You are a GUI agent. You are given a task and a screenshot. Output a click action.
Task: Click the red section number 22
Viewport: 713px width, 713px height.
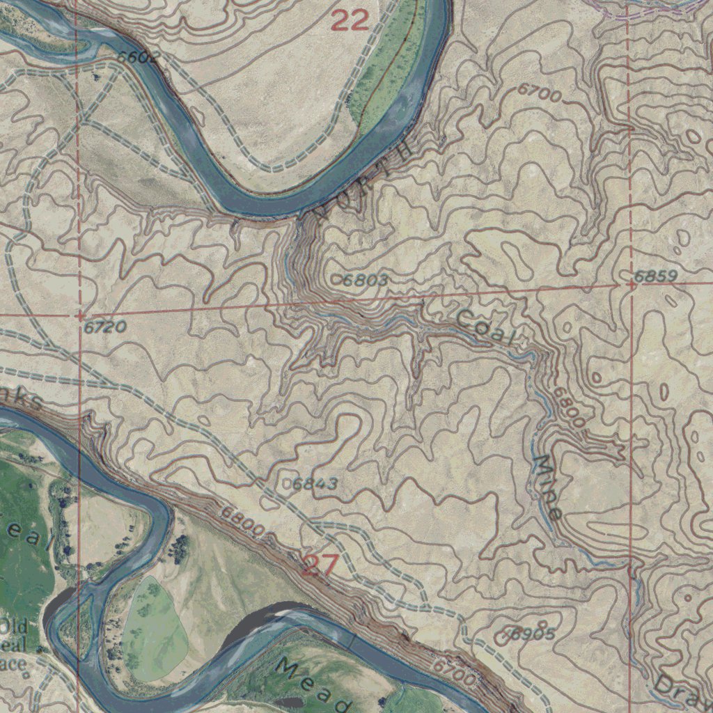(x=350, y=21)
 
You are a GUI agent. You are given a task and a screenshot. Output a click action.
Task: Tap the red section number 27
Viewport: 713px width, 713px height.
(x=320, y=565)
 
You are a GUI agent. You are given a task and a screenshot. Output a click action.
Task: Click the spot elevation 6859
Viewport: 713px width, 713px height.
(x=655, y=276)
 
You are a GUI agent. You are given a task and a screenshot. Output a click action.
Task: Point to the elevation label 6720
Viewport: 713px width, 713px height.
(x=104, y=326)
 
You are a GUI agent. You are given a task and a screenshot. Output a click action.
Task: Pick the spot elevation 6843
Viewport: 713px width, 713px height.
(x=315, y=483)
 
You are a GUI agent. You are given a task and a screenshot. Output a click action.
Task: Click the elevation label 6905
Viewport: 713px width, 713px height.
(x=533, y=633)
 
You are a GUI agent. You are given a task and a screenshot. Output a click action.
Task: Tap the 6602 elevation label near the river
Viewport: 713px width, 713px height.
(x=139, y=57)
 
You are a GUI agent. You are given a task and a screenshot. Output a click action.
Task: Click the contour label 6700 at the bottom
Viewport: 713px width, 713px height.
(x=455, y=672)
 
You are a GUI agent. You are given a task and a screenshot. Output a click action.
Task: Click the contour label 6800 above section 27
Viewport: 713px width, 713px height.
(x=243, y=523)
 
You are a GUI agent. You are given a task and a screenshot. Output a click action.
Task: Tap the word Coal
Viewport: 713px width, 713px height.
(x=487, y=328)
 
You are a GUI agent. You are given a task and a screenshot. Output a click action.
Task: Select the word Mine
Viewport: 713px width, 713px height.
(x=547, y=487)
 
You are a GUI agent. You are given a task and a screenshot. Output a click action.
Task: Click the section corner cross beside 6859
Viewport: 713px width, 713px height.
(x=630, y=284)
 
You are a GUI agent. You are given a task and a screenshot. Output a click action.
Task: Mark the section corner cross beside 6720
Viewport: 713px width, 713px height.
(x=80, y=315)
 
